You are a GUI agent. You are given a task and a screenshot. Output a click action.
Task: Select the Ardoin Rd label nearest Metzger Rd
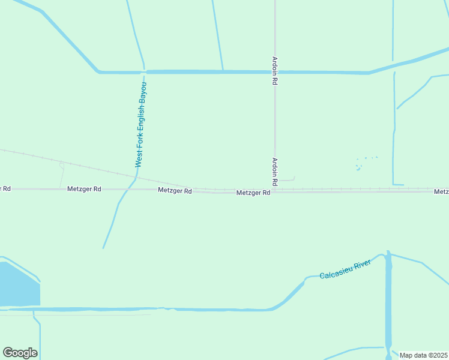[274, 171]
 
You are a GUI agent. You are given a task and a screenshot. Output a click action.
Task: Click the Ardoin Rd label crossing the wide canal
[274, 71]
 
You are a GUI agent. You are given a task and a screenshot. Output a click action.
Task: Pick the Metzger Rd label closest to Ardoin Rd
[253, 193]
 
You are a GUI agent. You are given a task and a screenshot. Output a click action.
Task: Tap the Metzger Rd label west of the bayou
[85, 189]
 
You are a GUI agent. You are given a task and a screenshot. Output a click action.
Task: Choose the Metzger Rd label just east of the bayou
[175, 191]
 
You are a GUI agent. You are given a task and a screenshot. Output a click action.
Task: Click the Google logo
[20, 353]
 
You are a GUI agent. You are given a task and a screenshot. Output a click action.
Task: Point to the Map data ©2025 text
[423, 355]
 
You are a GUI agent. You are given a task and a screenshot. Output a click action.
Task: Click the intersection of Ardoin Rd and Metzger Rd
[274, 191]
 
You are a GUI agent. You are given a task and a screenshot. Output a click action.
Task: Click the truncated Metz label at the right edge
[442, 192]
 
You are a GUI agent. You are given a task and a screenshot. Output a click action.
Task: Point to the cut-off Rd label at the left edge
[5, 189]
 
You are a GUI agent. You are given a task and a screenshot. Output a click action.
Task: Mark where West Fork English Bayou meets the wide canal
[143, 71]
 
